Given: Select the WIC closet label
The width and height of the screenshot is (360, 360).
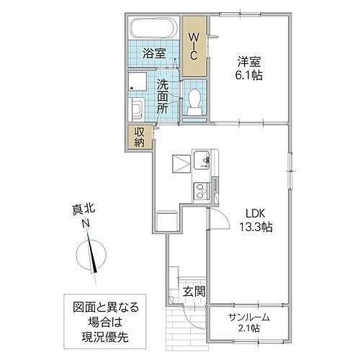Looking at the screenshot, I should [x=194, y=44].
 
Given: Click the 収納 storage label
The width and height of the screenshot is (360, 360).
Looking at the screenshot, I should [x=139, y=136].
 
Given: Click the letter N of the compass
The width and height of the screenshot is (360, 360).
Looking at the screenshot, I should [x=85, y=225].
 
